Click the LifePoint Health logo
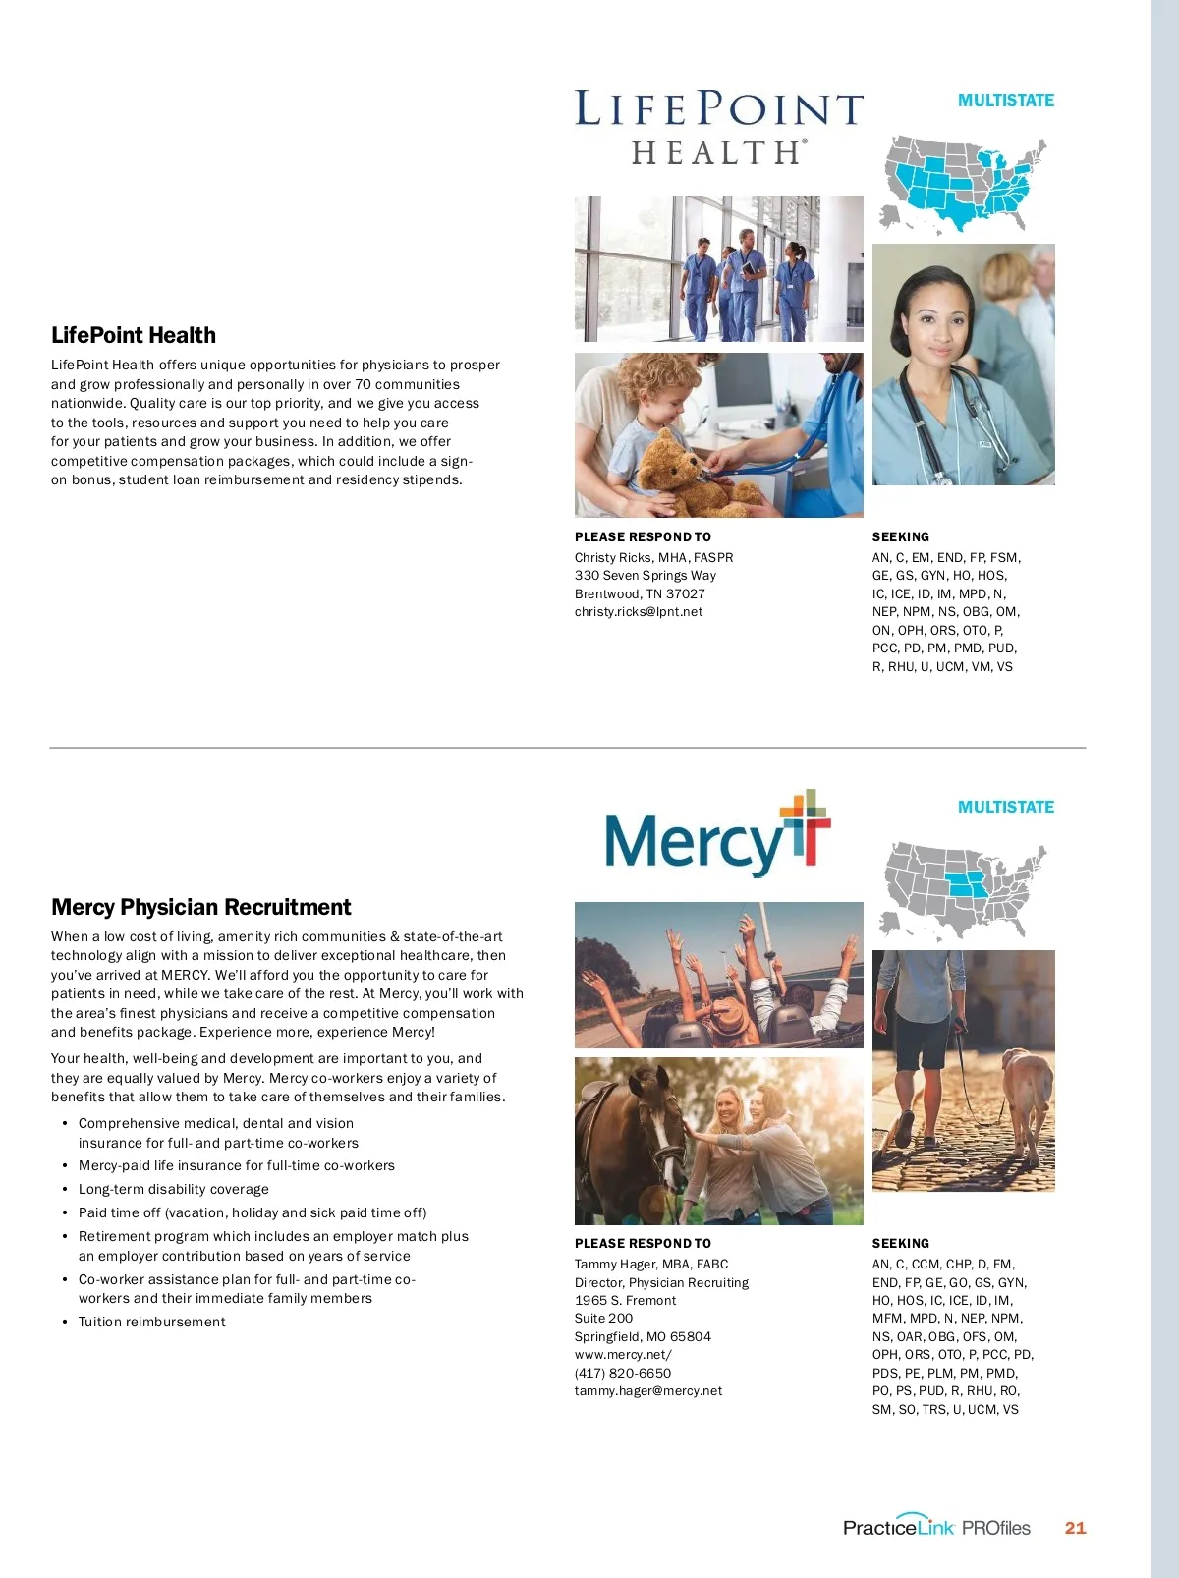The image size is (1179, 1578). (718, 127)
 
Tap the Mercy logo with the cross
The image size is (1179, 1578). (718, 833)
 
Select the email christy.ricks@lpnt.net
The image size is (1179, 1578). (639, 612)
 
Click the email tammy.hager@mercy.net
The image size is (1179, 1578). (648, 1391)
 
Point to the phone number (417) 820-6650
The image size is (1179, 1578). (623, 1374)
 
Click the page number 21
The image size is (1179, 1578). (1075, 1528)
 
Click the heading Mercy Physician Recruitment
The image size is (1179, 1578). (201, 907)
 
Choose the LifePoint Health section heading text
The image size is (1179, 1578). (134, 335)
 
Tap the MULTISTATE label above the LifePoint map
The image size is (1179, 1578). (1005, 100)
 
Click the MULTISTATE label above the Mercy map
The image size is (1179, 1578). (1005, 807)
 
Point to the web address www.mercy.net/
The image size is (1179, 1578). (623, 1355)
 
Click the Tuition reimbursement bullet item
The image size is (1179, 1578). (152, 1323)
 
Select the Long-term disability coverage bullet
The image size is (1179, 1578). (174, 1189)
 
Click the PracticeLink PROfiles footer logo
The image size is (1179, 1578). (936, 1528)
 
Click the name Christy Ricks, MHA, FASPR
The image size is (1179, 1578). (653, 558)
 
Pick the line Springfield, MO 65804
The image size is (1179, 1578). (643, 1337)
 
